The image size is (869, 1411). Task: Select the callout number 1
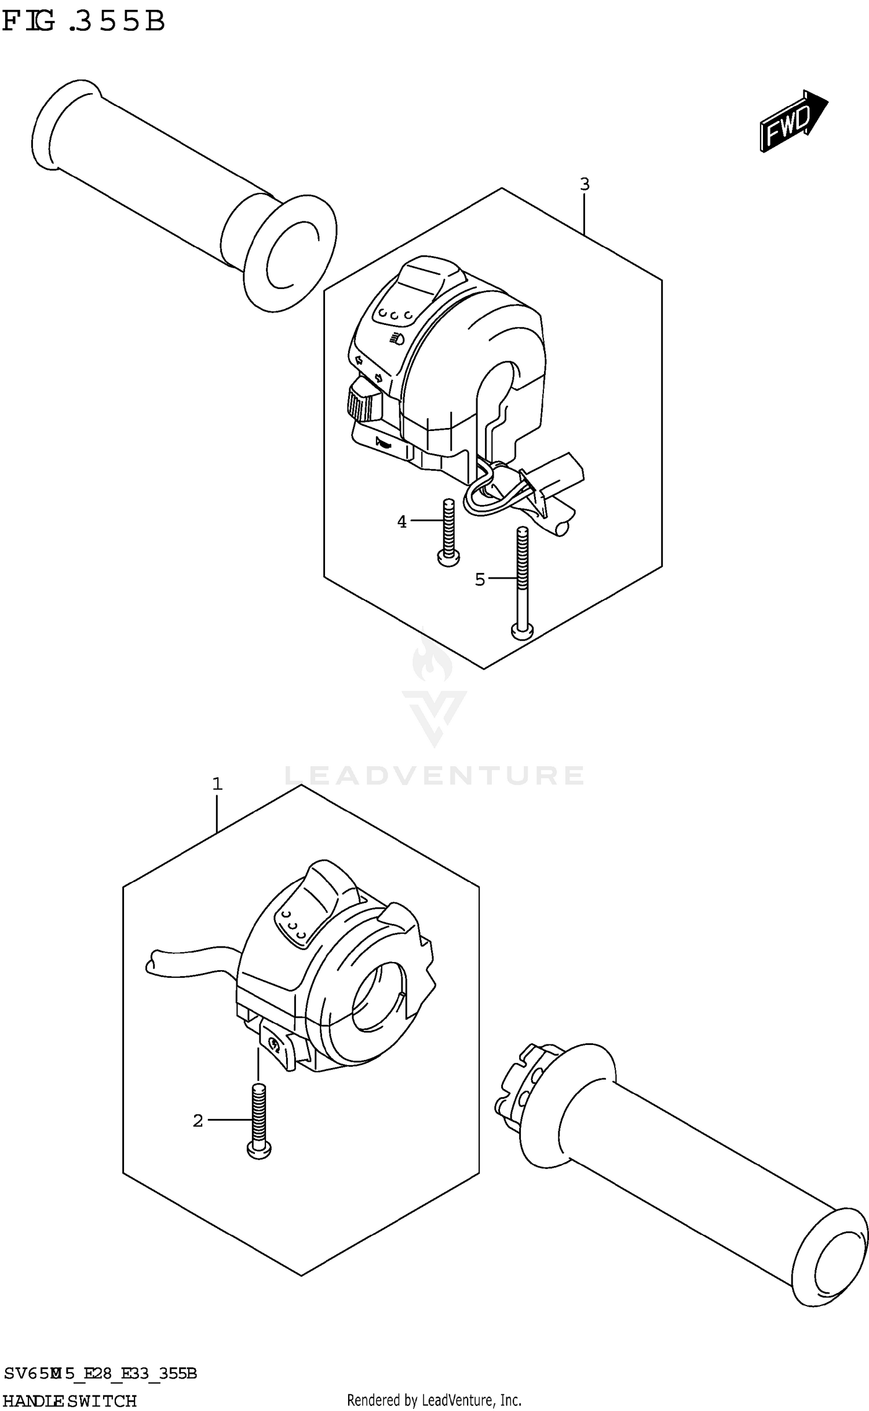pos(217,784)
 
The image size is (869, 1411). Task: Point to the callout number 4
pos(402,522)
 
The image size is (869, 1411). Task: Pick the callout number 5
pos(480,579)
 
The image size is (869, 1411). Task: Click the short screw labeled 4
pos(448,533)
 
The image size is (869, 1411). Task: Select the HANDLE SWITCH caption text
pos(70,1401)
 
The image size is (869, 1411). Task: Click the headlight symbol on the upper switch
pos(397,339)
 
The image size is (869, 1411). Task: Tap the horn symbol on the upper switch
pos(384,444)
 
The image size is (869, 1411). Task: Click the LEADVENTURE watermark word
pos(434,775)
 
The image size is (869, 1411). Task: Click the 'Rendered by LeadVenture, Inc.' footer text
pos(434,1401)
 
